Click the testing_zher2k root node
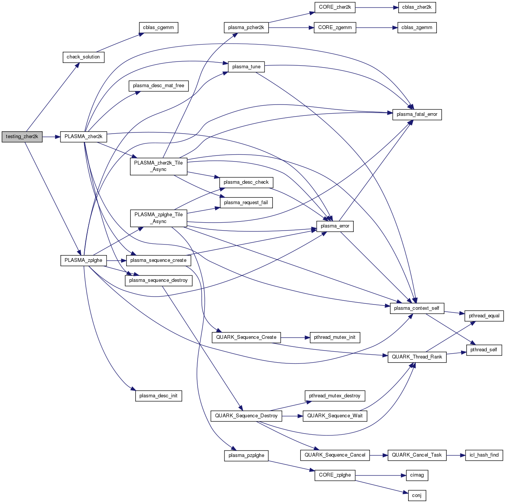pos(22,137)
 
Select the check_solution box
pos(83,57)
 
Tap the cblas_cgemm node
pos(158,28)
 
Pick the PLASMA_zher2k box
pos(84,137)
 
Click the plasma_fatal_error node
pos(417,114)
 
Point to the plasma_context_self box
pos(416,308)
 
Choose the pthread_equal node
pos(484,316)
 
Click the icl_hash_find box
pos(484,455)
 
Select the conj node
pos(417,495)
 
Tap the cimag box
pos(417,475)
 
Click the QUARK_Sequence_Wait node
pos(335,416)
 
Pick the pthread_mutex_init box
pos(334,337)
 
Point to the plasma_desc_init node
pos(158,396)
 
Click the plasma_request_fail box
pos(246,203)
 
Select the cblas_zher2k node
pos(417,7)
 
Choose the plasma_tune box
pos(246,67)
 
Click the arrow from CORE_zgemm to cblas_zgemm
pos(376,28)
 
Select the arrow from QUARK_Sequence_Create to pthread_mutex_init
pos(295,337)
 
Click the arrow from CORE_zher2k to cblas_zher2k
pos(376,7)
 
